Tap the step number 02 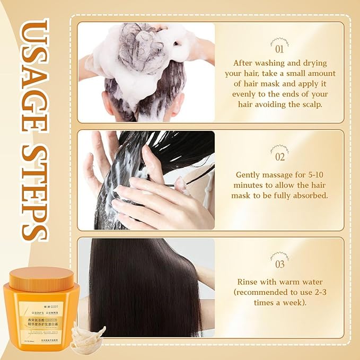point(279,157)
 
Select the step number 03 point(279,264)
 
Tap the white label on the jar point(44,318)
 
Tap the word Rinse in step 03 point(249,282)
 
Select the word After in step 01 point(244,63)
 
